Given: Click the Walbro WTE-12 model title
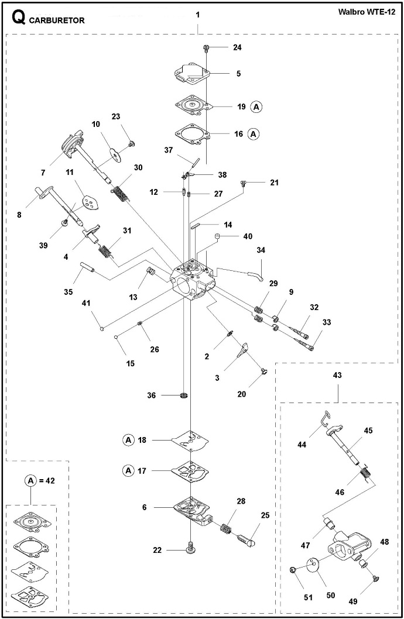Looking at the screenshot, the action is point(367,12).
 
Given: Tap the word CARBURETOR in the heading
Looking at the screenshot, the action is point(57,20).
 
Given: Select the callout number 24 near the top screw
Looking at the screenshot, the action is point(237,47).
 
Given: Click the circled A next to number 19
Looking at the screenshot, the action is point(256,106).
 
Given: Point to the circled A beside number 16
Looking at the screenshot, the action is point(254,134).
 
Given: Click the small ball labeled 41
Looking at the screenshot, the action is point(102,327).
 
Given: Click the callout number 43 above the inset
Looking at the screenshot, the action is point(337,375).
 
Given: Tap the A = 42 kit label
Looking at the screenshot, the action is point(40,480).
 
